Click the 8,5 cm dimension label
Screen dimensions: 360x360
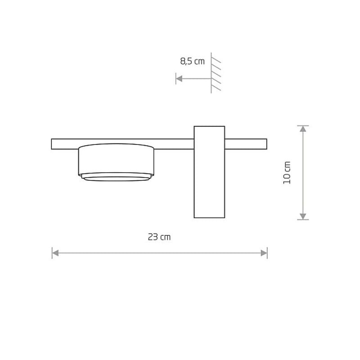[192, 61]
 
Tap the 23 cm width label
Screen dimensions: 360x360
[159, 237]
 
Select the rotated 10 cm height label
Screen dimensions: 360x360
[287, 173]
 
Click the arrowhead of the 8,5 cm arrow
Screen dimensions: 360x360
[179, 78]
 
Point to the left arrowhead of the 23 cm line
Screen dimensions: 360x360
[55, 253]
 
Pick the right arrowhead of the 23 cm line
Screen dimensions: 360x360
[264, 253]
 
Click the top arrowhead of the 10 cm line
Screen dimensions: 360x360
[303, 129]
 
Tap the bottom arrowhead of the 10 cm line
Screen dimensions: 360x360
[303, 216]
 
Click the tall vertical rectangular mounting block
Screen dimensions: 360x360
[209, 172]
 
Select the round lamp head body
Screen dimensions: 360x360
[116, 160]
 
